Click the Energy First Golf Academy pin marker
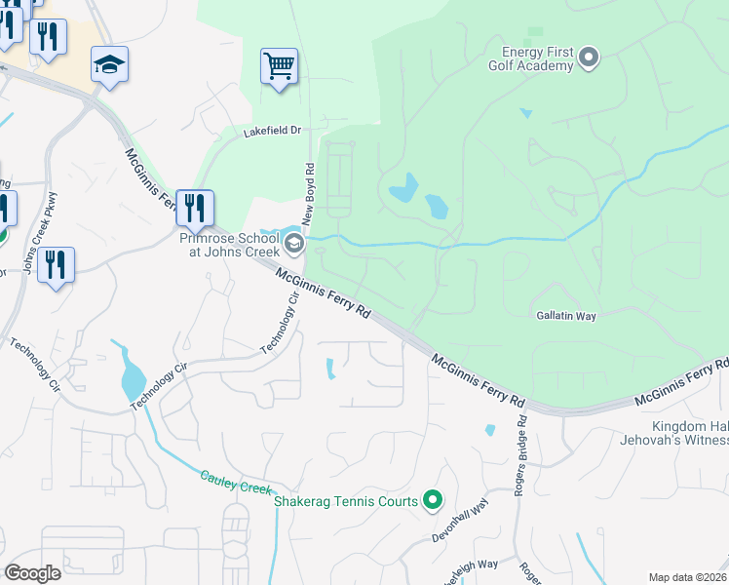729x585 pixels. (588, 58)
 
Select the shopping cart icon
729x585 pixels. (280, 67)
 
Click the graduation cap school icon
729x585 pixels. (110, 65)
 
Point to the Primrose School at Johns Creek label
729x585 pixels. (229, 243)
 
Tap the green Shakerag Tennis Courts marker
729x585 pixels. (434, 501)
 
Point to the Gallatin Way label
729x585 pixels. (566, 316)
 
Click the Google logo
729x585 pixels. (32, 572)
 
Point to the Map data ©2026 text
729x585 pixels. (686, 577)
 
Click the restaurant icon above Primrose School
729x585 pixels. (195, 208)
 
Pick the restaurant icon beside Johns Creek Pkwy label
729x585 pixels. (56, 265)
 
